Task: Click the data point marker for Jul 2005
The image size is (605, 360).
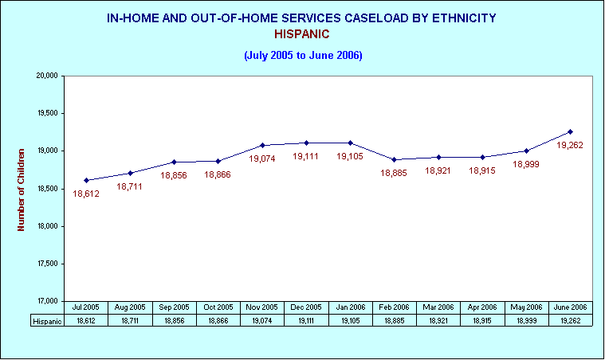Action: [x=86, y=180]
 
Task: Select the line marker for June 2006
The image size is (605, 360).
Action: [x=570, y=132]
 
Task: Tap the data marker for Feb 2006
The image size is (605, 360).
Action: [x=394, y=159]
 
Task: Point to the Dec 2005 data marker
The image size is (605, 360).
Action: [x=306, y=143]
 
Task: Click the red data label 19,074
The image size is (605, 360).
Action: [x=262, y=158]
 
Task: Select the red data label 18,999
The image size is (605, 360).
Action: [x=526, y=164]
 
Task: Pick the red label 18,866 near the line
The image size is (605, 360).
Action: [x=218, y=175]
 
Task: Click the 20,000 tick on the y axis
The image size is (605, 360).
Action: [x=47, y=76]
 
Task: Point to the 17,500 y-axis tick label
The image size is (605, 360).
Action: [x=48, y=264]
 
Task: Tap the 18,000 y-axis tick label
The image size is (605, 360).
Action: [x=48, y=226]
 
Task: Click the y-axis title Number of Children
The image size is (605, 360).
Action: [x=21, y=190]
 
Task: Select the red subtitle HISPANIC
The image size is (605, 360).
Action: [x=302, y=34]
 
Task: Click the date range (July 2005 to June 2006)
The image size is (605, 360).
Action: [x=303, y=56]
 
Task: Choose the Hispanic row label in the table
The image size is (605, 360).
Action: [x=48, y=321]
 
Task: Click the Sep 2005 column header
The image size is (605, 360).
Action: [x=174, y=307]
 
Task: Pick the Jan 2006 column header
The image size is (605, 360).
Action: [x=351, y=307]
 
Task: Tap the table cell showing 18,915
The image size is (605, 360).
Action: [x=482, y=321]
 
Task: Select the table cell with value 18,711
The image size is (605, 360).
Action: [x=130, y=321]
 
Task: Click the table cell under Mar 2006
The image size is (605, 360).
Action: [x=438, y=321]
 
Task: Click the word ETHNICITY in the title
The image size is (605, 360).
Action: [x=464, y=18]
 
